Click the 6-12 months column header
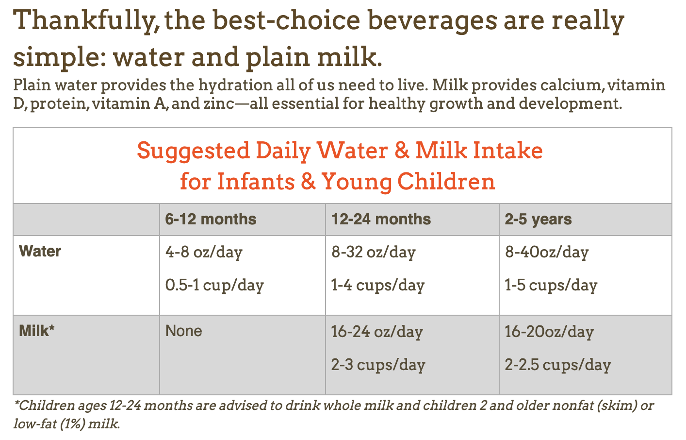(x=211, y=219)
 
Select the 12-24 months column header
(x=381, y=219)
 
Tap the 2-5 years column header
(x=538, y=220)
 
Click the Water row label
(x=40, y=251)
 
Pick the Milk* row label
(x=37, y=331)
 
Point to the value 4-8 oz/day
(x=204, y=253)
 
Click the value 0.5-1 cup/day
(x=214, y=286)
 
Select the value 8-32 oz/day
(x=373, y=253)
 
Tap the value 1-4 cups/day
(x=378, y=286)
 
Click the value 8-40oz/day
(x=547, y=253)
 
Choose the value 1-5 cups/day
(x=551, y=286)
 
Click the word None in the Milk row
(x=184, y=331)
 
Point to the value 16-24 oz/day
(x=377, y=332)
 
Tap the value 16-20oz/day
(x=549, y=332)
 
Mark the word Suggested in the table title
(x=193, y=151)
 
